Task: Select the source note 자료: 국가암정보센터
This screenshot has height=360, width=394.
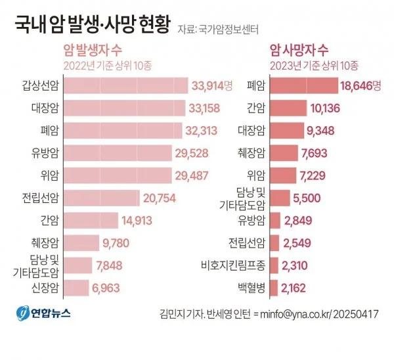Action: pyautogui.click(x=218, y=29)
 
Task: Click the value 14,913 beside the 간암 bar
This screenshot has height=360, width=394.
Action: pyautogui.click(x=141, y=220)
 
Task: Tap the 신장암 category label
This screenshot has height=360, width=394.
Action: pyautogui.click(x=44, y=288)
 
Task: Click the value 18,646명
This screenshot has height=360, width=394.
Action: pyautogui.click(x=360, y=85)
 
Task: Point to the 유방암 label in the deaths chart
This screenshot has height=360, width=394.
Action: pyautogui.click(x=249, y=220)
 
